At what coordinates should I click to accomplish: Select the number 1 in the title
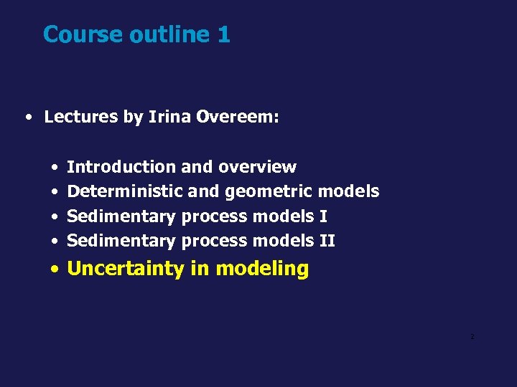tap(223, 34)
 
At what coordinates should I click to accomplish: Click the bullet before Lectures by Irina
tap(27, 118)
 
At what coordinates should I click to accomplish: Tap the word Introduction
tap(121, 167)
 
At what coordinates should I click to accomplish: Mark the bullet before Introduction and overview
tap(55, 168)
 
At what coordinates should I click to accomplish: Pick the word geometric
tap(269, 192)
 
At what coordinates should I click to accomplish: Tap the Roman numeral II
tap(327, 240)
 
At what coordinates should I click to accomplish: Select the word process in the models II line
tap(215, 241)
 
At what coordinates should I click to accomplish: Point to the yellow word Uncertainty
tap(126, 269)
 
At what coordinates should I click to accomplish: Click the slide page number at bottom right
tap(472, 337)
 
